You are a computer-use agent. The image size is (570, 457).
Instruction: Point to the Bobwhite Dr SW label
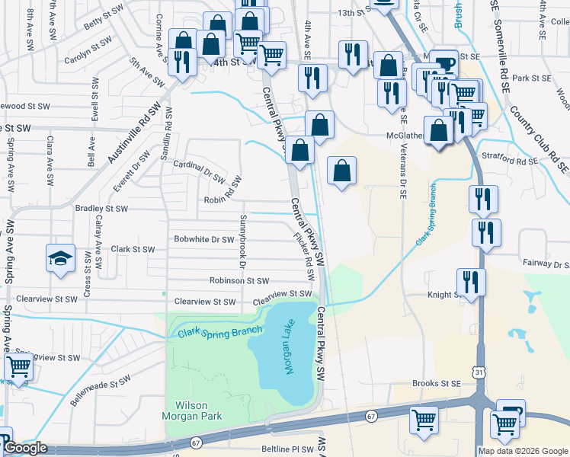[203, 239]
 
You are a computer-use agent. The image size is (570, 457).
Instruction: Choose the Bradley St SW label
[102, 208]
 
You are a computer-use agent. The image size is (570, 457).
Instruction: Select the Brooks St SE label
[437, 384]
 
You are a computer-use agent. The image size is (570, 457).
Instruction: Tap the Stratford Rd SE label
[516, 161]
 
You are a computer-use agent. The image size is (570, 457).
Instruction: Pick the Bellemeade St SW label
[102, 388]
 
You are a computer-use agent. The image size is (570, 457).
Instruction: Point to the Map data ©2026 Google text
[523, 451]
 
